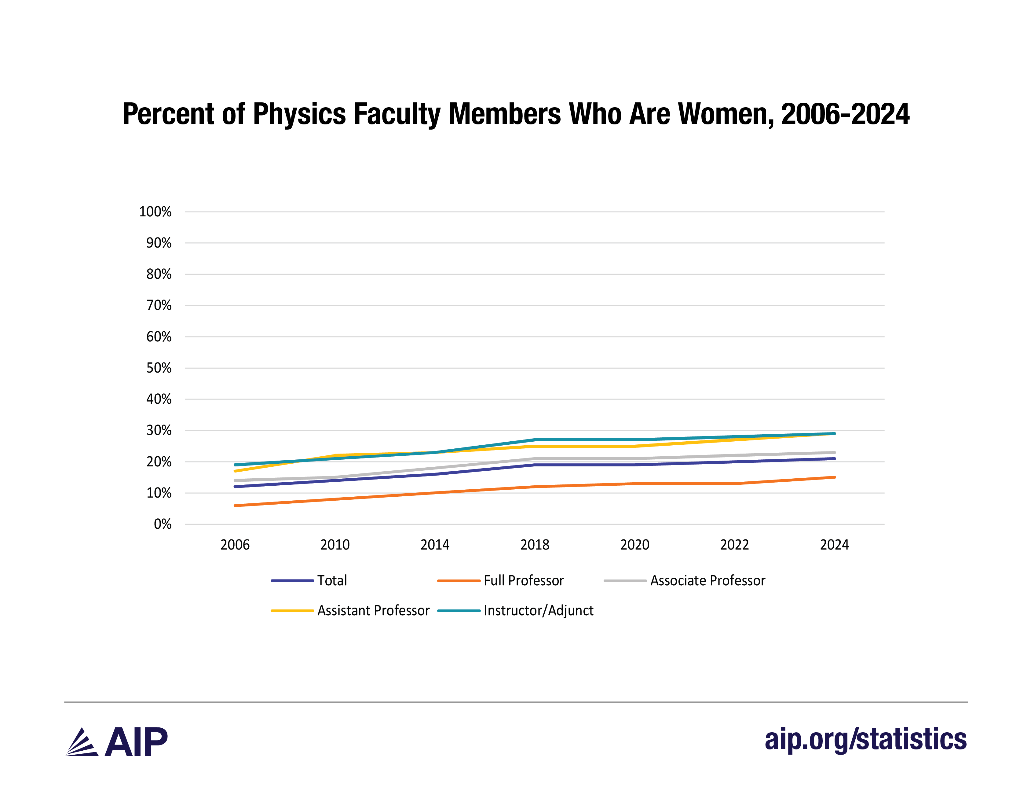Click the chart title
point(516,114)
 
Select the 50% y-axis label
point(159,368)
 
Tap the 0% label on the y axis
point(163,524)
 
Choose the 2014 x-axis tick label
point(435,545)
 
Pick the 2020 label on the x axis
point(634,545)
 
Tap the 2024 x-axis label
point(834,545)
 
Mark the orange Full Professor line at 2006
point(235,506)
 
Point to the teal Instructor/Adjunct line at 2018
point(535,440)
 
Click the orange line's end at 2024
point(834,477)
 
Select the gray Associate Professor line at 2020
point(634,459)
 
